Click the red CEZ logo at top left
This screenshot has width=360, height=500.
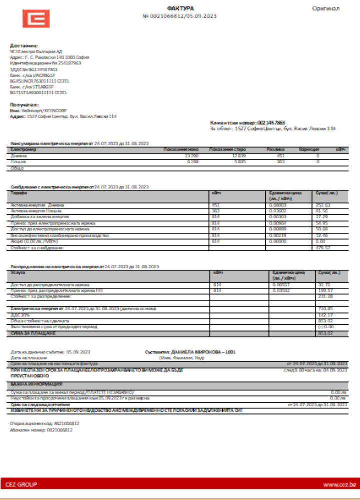click(x=36, y=19)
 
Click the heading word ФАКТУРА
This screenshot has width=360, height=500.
click(x=180, y=8)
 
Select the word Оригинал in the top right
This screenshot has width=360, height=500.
click(x=326, y=8)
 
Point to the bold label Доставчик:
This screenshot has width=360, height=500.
click(x=24, y=45)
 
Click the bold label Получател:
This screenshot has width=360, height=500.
click(x=24, y=105)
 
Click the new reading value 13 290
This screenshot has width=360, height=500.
click(x=191, y=156)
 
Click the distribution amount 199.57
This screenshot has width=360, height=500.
click(x=325, y=290)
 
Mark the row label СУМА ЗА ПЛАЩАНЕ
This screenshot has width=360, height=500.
click(x=33, y=333)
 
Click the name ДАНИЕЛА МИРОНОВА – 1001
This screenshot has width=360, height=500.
click(x=196, y=352)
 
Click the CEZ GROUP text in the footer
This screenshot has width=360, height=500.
click(x=21, y=485)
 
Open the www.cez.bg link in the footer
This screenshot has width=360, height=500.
click(x=339, y=485)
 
